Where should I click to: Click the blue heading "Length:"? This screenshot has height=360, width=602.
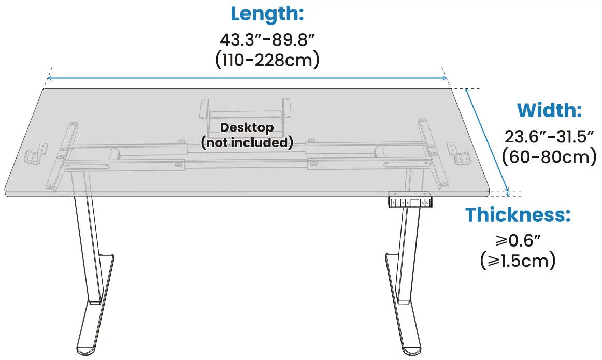267,14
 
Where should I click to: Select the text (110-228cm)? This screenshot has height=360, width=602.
267,60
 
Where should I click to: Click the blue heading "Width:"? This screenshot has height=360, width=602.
549,110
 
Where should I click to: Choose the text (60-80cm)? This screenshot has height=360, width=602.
549,156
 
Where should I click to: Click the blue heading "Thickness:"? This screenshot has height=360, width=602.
518,214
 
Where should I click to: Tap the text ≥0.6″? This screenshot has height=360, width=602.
518,240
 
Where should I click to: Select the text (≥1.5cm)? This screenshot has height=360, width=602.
518,260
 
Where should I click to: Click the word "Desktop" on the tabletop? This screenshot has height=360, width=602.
247,127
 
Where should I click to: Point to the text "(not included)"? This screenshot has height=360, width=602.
247,142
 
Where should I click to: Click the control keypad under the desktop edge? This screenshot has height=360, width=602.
410,201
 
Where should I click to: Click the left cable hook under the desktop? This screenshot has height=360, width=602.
34,155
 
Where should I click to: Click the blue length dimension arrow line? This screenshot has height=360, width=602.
247,79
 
